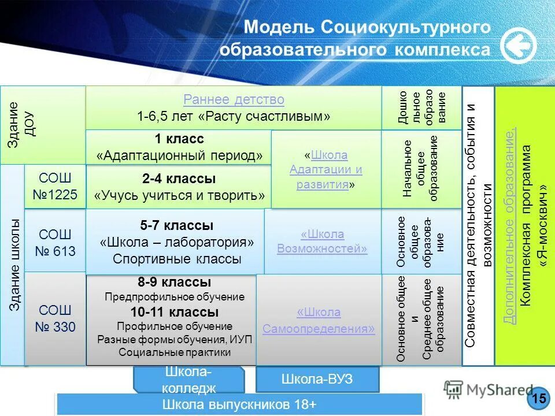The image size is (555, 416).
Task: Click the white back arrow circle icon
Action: click(518, 46)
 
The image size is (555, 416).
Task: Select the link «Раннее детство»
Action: click(234, 100)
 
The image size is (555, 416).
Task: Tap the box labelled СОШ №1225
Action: click(55, 186)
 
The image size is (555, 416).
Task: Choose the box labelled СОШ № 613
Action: click(55, 243)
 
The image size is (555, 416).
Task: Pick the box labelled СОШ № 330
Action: click(55, 318)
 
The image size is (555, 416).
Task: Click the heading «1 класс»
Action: click(179, 139)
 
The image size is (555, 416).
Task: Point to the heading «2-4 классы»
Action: click(179, 179)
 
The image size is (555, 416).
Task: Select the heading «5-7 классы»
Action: click(177, 225)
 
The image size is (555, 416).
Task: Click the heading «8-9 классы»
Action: click(174, 283)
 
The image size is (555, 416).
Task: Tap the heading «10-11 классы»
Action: click(174, 313)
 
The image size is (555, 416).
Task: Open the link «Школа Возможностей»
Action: click(322, 242)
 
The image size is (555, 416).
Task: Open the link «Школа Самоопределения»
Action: click(319, 320)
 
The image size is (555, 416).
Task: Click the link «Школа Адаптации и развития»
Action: click(326, 170)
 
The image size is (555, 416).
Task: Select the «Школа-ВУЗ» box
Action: click(317, 380)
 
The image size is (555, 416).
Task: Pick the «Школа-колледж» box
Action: click(188, 380)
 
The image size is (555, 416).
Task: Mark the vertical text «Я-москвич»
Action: click(543, 225)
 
